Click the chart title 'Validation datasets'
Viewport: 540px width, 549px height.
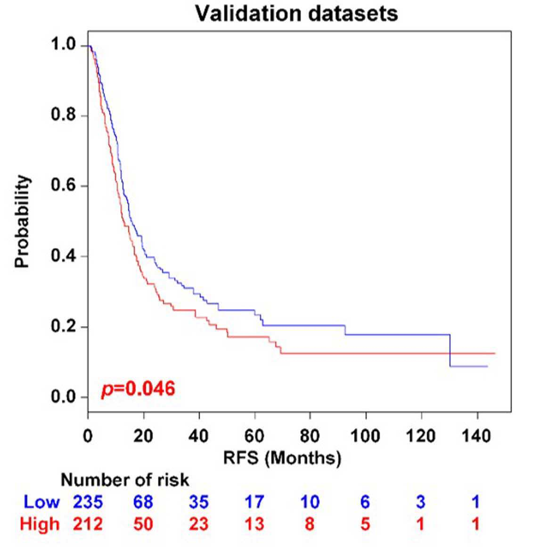tap(296, 14)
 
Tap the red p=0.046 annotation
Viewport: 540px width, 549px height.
tap(138, 389)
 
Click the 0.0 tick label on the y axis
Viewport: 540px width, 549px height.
tap(64, 397)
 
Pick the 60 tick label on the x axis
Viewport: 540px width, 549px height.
tap(254, 436)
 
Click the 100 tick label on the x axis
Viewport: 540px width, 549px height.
tap(365, 436)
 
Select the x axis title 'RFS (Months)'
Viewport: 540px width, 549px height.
tap(282, 458)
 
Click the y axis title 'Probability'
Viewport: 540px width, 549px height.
tap(22, 221)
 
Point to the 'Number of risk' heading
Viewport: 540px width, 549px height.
tap(125, 480)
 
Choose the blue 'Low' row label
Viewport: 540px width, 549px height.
tap(41, 502)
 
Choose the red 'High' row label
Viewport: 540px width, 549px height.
tap(40, 524)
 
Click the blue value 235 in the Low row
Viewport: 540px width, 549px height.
tap(88, 502)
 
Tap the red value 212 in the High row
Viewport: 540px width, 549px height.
tap(88, 524)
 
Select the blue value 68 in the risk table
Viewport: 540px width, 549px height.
tap(143, 502)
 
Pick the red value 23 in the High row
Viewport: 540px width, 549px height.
tap(199, 524)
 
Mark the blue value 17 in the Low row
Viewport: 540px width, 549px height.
tap(254, 502)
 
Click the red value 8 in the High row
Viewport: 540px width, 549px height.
tap(310, 524)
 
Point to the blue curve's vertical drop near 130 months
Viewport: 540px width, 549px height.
tap(450, 351)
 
